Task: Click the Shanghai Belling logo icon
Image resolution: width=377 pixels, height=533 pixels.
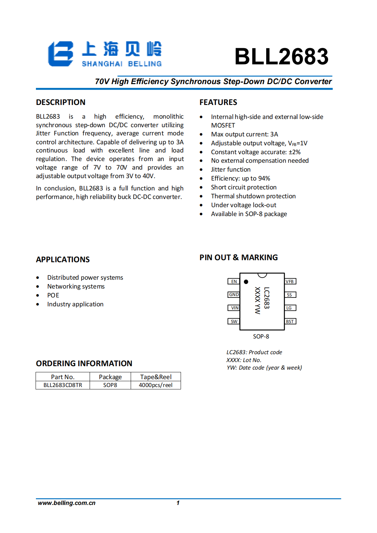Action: point(61,54)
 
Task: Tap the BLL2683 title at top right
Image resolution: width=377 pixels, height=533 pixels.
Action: point(281,56)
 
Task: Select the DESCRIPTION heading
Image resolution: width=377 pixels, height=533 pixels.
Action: point(61,102)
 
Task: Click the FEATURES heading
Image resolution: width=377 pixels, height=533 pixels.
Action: point(218,102)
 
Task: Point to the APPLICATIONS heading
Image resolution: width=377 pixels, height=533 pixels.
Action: point(63,259)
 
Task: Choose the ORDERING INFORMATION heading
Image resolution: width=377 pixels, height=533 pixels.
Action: point(84,363)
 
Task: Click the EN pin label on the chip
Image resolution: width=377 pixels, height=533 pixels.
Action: point(234,281)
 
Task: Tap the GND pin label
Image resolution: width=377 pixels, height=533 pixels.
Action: point(234,295)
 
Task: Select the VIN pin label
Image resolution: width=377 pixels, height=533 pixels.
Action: point(234,308)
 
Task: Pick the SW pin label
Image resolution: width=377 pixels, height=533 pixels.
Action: point(234,321)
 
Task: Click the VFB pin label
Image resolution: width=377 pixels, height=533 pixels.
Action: point(290,281)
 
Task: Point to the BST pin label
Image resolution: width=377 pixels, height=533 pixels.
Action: point(290,321)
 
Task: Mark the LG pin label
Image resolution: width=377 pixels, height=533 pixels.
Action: point(289,308)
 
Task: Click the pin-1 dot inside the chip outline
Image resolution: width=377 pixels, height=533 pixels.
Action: point(246,282)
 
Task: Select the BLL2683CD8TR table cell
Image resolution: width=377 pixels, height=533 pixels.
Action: point(63,385)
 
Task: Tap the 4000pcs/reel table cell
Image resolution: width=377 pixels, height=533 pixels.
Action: point(156,385)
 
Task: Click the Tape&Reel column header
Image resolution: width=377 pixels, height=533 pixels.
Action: point(156,377)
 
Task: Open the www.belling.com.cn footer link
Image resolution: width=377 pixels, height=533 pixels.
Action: point(67,503)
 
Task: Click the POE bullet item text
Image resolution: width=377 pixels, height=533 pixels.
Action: point(53,295)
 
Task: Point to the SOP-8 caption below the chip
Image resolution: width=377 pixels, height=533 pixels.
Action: point(261,336)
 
